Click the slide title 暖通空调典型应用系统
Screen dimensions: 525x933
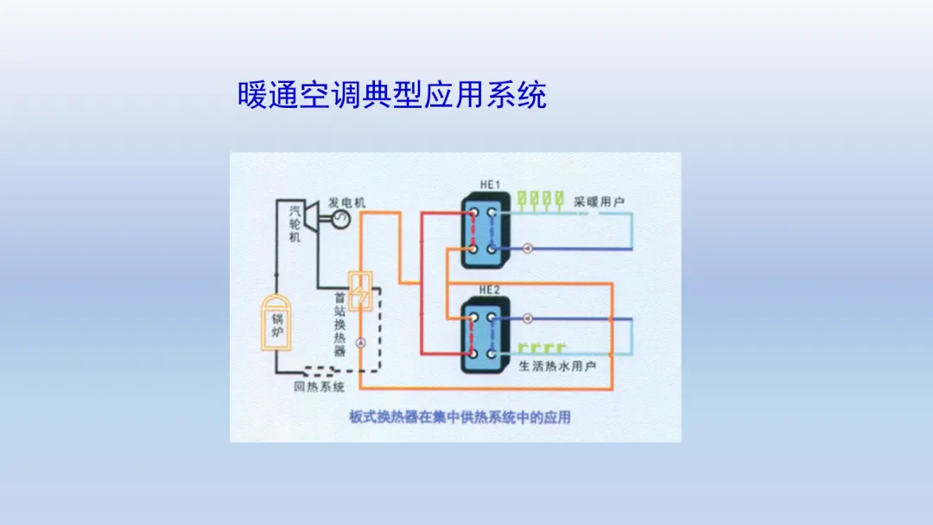pyautogui.click(x=391, y=95)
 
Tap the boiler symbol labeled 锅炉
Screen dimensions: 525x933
pyautogui.click(x=276, y=324)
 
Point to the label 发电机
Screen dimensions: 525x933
pyautogui.click(x=347, y=202)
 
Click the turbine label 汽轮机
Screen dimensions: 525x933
pyautogui.click(x=295, y=223)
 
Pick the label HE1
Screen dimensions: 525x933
pyautogui.click(x=491, y=184)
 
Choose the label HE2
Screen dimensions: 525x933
pyautogui.click(x=490, y=290)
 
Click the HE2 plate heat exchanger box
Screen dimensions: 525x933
pyautogui.click(x=482, y=335)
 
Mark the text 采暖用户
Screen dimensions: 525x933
pyautogui.click(x=600, y=202)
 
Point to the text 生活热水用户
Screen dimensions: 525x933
pyautogui.click(x=558, y=366)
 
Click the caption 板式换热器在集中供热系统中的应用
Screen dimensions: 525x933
pyautogui.click(x=456, y=417)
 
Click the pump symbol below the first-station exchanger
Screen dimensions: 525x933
pyautogui.click(x=360, y=344)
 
